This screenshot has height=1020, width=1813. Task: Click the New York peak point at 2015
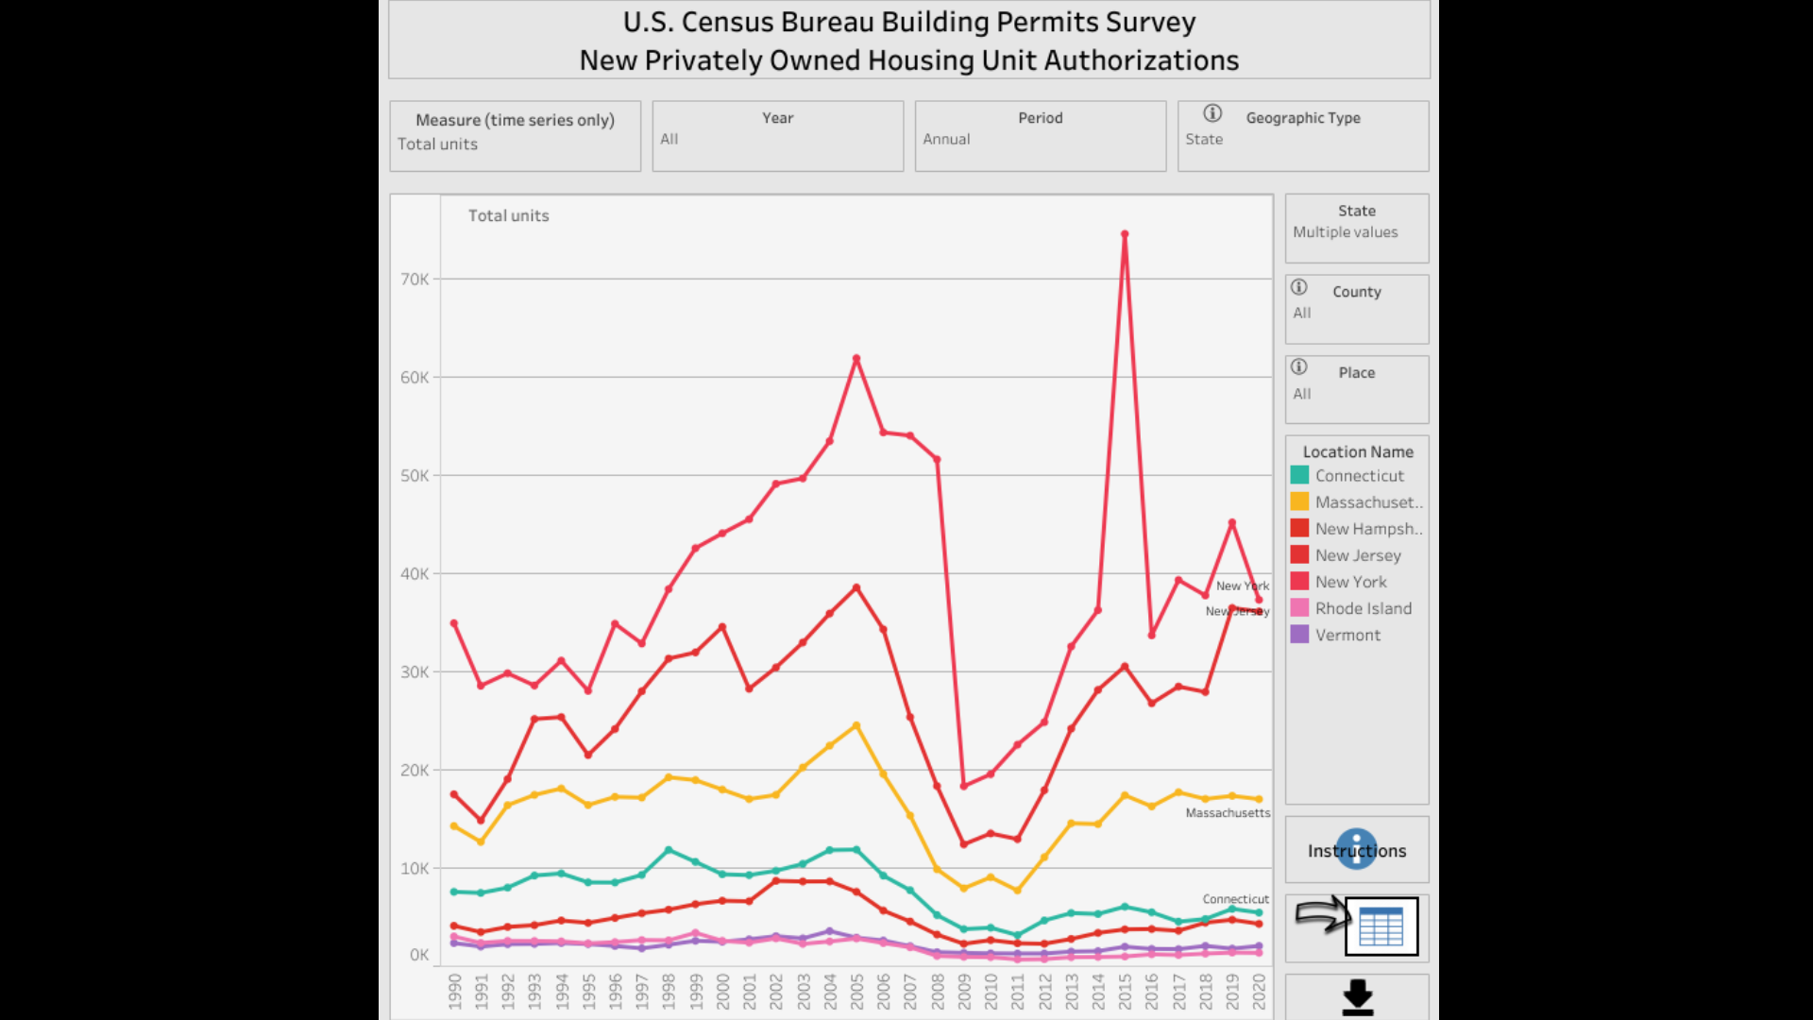(1125, 234)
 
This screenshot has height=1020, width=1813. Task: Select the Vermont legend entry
(1347, 636)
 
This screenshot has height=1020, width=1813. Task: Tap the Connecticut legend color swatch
(1300, 476)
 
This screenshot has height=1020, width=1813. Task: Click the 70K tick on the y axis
(415, 280)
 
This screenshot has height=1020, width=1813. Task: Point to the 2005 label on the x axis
(856, 993)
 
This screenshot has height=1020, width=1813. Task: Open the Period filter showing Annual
(1040, 137)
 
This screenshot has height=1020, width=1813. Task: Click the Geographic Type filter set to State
(1302, 137)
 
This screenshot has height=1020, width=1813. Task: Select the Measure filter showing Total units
(515, 137)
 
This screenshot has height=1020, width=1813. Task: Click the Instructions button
(1356, 850)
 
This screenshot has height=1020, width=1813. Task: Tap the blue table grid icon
(1381, 926)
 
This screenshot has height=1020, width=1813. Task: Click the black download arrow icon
(1357, 997)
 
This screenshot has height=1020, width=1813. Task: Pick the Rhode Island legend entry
(1363, 609)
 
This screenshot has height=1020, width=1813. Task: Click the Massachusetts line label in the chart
(1228, 813)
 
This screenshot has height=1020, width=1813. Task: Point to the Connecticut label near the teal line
(1235, 899)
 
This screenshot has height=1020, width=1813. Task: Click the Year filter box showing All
(777, 137)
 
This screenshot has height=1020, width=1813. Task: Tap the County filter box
(1356, 310)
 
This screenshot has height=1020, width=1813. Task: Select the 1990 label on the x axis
(454, 993)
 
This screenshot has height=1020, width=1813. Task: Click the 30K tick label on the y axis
(415, 672)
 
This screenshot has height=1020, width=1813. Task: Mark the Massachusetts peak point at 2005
(856, 725)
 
